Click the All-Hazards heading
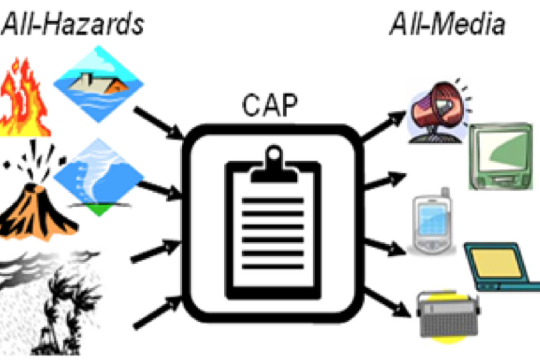72,24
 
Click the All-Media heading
447,24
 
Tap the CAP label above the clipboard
270,105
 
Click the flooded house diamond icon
98,84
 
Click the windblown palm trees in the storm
60,309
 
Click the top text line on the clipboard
273,201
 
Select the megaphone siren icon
438,112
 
